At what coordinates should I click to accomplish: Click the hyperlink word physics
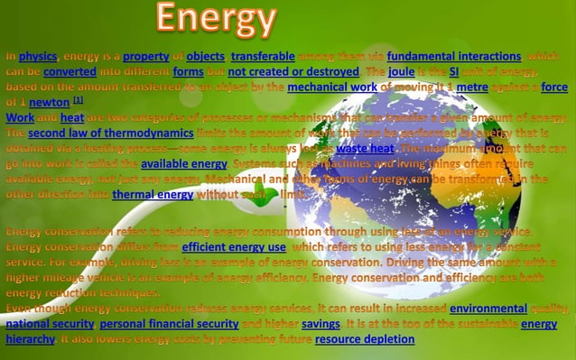pyautogui.click(x=38, y=57)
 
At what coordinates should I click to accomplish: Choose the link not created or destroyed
pyautogui.click(x=293, y=72)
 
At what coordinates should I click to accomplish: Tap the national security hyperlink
pyautogui.click(x=49, y=324)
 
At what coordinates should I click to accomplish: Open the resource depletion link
pyautogui.click(x=365, y=339)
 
